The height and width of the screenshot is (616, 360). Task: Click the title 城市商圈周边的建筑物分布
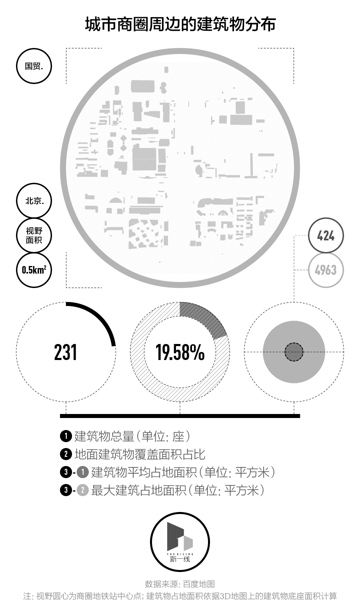(x=180, y=24)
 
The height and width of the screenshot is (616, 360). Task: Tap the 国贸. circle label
(x=34, y=66)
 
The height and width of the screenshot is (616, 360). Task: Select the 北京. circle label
(x=34, y=201)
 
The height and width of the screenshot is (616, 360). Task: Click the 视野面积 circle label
(x=34, y=235)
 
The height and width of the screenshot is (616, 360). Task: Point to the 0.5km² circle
(x=34, y=270)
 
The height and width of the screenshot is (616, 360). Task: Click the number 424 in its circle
(x=326, y=236)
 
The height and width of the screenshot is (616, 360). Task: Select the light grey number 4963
(x=326, y=270)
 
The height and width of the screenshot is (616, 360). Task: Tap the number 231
(x=66, y=352)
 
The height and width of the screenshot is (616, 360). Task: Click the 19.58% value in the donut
(x=180, y=352)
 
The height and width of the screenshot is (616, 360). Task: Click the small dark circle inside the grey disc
(x=294, y=352)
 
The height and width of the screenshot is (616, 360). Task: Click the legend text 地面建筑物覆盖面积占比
(x=140, y=454)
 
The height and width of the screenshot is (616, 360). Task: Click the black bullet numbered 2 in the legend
(x=65, y=454)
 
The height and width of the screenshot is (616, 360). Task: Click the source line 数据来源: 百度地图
(x=180, y=584)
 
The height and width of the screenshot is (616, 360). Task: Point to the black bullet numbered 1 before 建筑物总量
(x=65, y=436)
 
